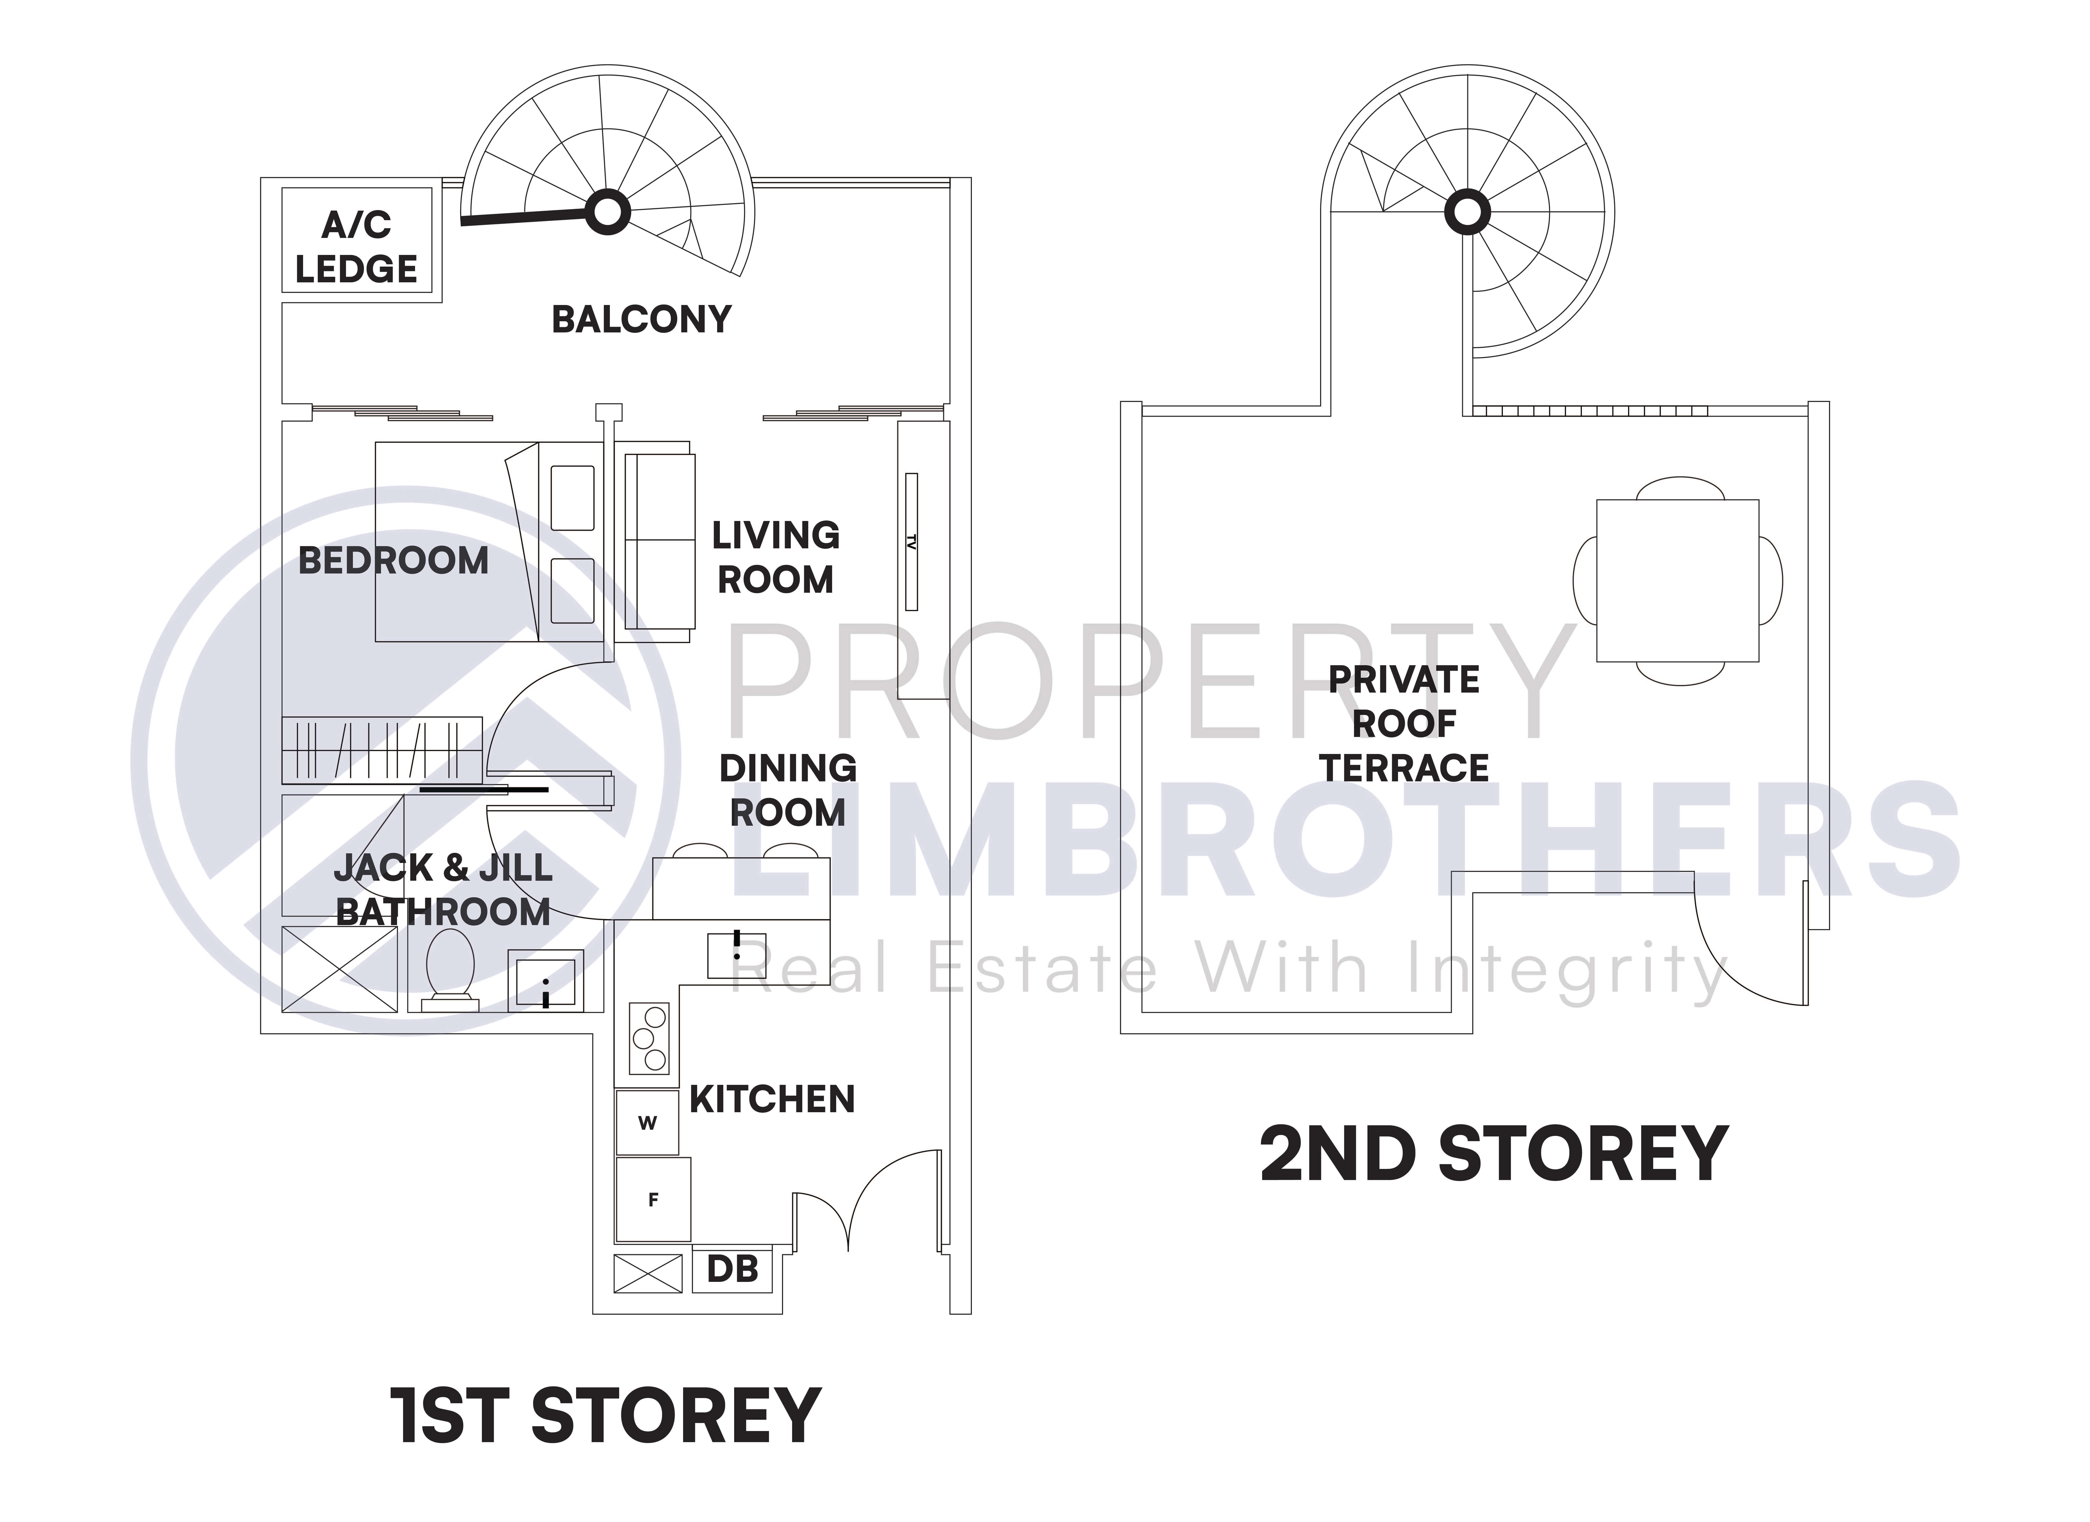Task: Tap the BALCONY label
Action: [x=641, y=320]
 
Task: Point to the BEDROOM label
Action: [x=394, y=560]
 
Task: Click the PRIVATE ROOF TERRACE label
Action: [x=1403, y=723]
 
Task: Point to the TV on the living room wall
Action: [x=911, y=542]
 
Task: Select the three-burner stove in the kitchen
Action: [x=649, y=1038]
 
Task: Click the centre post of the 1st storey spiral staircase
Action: [x=607, y=213]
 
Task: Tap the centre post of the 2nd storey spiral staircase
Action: [x=1467, y=213]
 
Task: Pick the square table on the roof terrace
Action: [x=1677, y=580]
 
